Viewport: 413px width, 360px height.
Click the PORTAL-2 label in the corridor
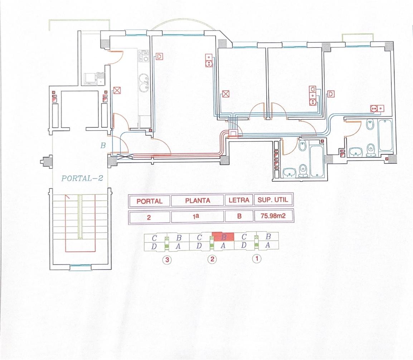click(x=82, y=178)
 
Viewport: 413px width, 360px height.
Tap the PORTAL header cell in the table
click(x=149, y=201)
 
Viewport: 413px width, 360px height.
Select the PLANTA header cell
click(x=198, y=201)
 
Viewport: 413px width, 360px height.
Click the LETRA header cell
click(x=239, y=200)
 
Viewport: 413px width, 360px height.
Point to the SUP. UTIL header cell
click(x=273, y=200)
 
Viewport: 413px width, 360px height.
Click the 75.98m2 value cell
click(x=273, y=216)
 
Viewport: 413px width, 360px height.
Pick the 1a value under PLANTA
click(x=196, y=217)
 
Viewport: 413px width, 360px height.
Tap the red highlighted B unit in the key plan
click(x=223, y=237)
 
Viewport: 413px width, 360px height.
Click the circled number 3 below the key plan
click(x=167, y=260)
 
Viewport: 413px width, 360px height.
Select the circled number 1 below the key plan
click(x=257, y=259)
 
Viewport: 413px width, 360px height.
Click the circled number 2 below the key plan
click(x=212, y=259)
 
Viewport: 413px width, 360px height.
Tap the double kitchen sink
click(x=144, y=83)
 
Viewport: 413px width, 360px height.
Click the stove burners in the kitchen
click(x=144, y=56)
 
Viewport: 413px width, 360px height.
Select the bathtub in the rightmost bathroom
click(x=385, y=135)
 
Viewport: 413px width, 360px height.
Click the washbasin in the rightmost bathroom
click(x=356, y=152)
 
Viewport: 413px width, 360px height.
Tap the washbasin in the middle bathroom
click(x=290, y=173)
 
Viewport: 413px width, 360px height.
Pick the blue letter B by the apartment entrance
click(x=103, y=145)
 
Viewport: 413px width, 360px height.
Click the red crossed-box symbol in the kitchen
click(x=117, y=91)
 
